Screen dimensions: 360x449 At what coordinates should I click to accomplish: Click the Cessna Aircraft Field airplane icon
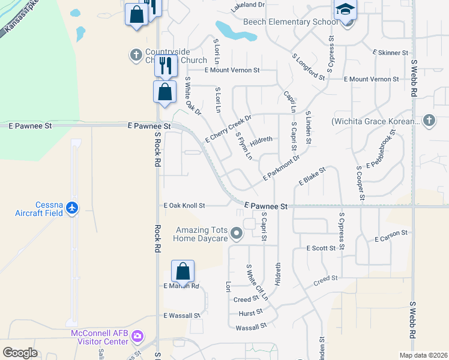73,207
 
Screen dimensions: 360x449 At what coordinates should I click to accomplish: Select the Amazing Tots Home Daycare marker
237,233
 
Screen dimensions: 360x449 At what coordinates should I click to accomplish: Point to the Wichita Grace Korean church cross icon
429,121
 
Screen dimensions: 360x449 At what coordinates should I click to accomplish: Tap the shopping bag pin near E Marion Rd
182,271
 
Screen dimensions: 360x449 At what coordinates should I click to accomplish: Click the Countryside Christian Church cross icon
136,55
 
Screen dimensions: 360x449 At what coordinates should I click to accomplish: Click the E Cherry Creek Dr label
228,128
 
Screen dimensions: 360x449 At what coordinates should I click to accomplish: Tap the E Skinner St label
390,53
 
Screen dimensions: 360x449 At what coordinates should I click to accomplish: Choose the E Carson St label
391,236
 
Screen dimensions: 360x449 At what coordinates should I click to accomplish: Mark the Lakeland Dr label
248,5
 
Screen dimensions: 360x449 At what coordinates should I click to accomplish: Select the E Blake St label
312,176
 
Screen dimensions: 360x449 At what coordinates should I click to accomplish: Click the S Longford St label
309,67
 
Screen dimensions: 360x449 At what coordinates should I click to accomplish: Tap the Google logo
20,352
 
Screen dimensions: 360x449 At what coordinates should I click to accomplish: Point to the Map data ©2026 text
423,355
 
